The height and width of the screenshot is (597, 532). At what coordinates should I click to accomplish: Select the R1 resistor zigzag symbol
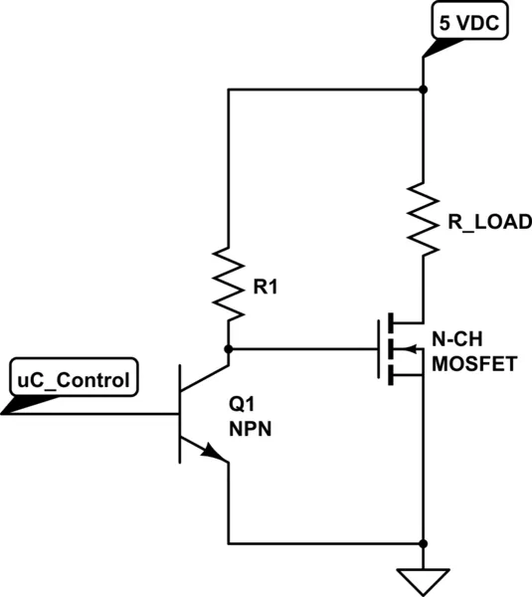[228, 284]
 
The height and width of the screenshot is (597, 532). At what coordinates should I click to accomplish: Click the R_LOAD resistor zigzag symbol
[424, 220]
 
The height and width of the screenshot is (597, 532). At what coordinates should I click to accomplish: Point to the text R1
[266, 287]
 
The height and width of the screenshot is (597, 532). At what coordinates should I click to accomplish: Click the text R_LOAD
[490, 222]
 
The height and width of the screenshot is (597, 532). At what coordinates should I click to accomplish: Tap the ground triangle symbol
[424, 582]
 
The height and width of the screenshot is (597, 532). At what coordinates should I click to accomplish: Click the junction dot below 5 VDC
[423, 90]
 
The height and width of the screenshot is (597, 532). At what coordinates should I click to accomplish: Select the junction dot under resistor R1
[229, 349]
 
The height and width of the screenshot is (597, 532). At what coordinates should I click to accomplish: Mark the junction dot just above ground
[423, 543]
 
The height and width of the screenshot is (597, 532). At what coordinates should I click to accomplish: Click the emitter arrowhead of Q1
[211, 451]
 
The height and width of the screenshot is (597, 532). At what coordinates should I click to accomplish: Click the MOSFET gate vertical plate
[379, 349]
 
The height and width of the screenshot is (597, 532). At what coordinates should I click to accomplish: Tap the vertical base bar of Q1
[180, 414]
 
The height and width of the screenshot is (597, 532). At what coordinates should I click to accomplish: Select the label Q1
[242, 404]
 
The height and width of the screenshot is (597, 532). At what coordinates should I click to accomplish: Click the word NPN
[250, 429]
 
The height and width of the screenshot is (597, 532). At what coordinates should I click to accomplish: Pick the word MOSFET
[474, 364]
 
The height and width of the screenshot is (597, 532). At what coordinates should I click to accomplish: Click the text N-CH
[457, 339]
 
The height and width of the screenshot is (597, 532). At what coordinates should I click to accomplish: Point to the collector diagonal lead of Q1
[205, 378]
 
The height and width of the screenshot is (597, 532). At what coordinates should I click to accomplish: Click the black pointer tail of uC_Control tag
[29, 405]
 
